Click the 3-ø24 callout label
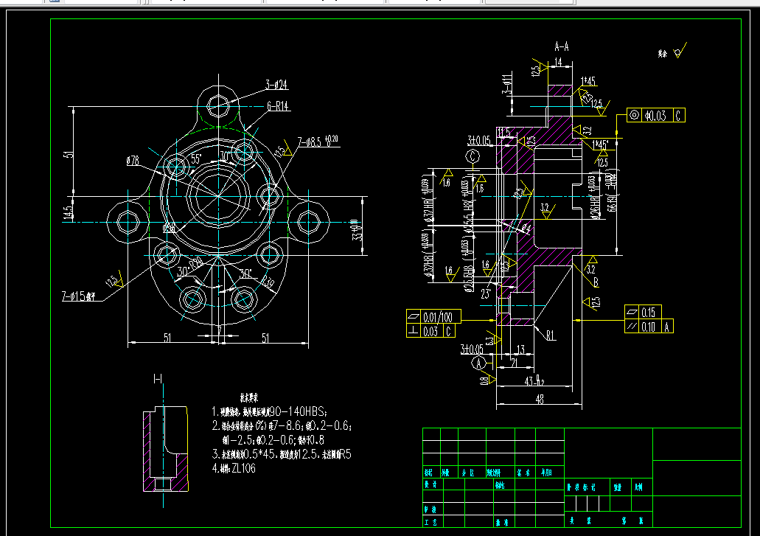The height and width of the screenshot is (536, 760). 276,85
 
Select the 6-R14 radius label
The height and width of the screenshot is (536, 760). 277,106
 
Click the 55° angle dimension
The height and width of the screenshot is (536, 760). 196,159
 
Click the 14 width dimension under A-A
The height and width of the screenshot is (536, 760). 558,63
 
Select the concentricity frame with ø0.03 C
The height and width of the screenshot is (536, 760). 655,115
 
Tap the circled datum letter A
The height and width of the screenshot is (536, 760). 480,363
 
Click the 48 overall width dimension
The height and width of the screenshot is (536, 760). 540,399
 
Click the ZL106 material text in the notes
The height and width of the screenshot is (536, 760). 243,468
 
